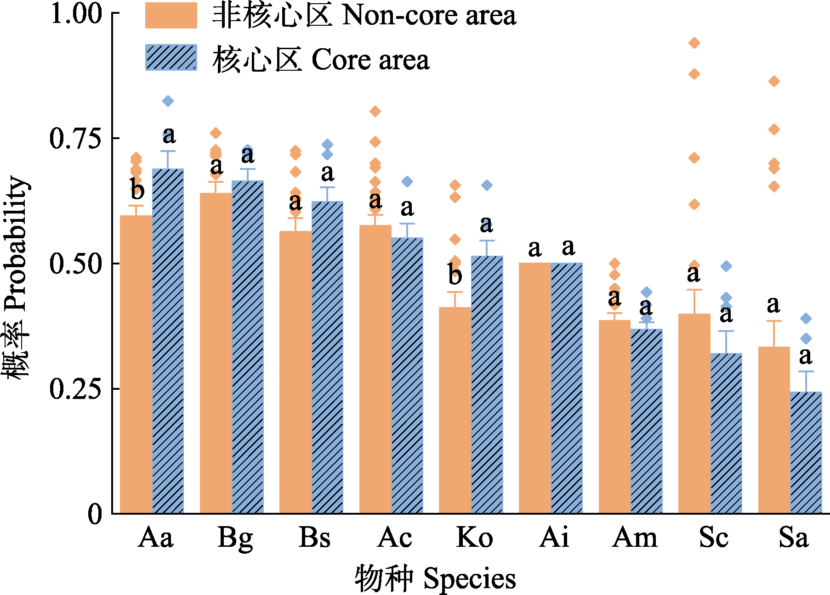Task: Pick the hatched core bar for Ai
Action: (566, 387)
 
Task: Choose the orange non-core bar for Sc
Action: (694, 413)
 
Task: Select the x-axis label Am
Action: (635, 537)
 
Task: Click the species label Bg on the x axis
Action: (235, 538)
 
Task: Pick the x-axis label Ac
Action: (394, 537)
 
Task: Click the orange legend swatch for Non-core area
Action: (171, 16)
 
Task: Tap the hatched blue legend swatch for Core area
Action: (171, 58)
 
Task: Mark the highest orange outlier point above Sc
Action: (694, 43)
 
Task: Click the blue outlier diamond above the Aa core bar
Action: (168, 101)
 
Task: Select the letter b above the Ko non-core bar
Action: (455, 275)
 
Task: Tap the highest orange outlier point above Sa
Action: (774, 82)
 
